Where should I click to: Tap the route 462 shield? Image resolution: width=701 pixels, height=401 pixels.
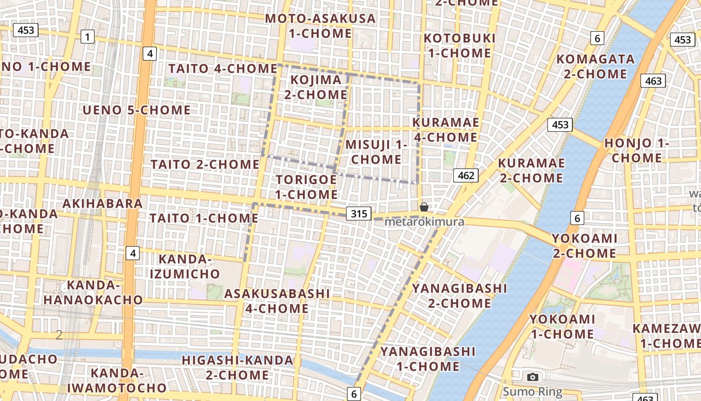pos(466,175)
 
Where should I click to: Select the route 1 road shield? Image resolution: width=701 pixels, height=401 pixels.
pos(88,37)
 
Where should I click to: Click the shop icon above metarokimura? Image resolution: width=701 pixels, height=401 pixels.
pos(424,207)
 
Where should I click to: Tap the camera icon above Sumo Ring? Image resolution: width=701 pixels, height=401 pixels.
pos(533,377)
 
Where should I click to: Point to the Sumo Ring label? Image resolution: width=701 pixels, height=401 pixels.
pos(533,391)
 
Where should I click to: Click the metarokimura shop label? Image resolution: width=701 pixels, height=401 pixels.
pos(424,222)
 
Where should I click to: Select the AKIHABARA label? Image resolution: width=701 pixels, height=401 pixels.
pos(103,204)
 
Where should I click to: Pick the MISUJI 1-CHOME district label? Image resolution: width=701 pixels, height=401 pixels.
pos(376,152)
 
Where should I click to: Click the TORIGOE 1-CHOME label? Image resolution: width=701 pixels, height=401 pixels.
pos(306,187)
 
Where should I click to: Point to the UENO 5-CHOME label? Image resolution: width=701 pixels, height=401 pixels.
pos(137,110)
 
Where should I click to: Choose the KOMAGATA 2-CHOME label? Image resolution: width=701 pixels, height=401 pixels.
pos(595,67)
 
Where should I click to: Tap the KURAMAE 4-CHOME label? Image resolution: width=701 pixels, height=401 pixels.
pos(445,130)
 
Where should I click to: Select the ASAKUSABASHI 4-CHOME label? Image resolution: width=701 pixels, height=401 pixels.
pos(277,301)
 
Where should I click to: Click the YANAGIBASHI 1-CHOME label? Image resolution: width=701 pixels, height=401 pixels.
pos(428,359)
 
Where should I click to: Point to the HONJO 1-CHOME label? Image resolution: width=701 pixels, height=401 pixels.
pos(636,150)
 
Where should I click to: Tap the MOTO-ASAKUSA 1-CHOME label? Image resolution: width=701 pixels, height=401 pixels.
pos(320,26)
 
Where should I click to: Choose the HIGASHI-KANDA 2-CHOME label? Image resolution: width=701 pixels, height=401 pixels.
pos(237,367)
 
